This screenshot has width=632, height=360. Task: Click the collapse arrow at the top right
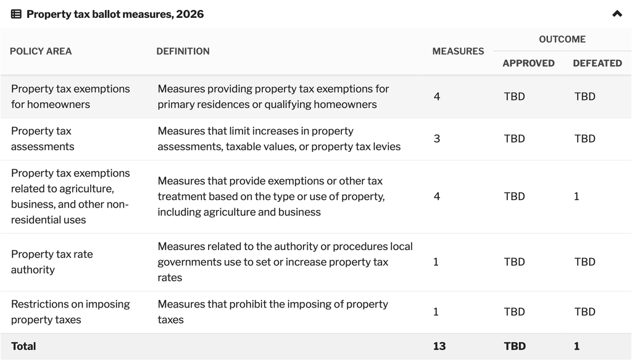click(x=617, y=14)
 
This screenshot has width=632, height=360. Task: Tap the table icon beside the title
click(x=16, y=14)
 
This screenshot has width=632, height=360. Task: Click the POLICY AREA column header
click(x=41, y=51)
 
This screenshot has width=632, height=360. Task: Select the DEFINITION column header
click(x=183, y=51)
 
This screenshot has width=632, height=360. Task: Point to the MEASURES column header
click(x=458, y=51)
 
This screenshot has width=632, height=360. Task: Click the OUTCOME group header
click(x=562, y=39)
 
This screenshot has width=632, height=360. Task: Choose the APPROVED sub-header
click(x=528, y=63)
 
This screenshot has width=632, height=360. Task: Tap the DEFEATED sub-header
click(x=597, y=63)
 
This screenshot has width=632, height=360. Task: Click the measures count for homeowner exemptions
click(x=437, y=96)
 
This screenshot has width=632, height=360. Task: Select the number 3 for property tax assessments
click(x=437, y=139)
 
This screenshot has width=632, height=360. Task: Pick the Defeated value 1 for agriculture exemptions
click(x=576, y=196)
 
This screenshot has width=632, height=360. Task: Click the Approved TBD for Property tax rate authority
click(x=514, y=262)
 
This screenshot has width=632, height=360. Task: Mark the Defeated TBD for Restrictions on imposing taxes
click(x=585, y=312)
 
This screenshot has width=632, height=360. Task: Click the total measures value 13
click(x=439, y=346)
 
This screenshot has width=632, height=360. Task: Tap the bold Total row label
click(x=23, y=346)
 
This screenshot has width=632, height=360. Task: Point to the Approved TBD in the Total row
click(x=515, y=346)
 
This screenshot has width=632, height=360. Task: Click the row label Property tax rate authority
click(x=52, y=262)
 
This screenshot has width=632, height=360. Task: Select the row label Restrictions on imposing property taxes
click(x=70, y=312)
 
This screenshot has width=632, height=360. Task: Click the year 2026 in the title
click(x=190, y=14)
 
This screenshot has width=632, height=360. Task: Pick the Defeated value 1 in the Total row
click(x=577, y=346)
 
